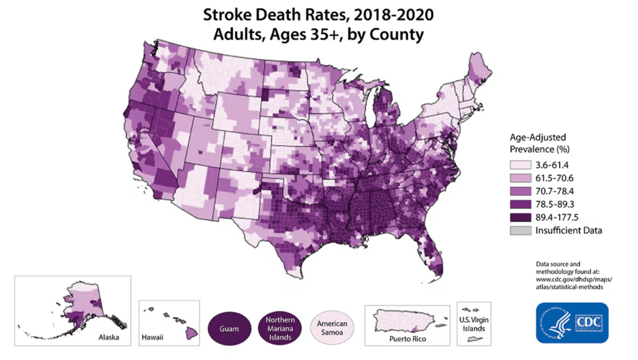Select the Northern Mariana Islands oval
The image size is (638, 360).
pyautogui.click(x=279, y=328)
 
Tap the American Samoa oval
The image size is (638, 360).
pyautogui.click(x=331, y=328)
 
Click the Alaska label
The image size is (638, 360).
pyautogui.click(x=109, y=338)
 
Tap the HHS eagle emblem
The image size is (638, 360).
pyautogui.click(x=556, y=322)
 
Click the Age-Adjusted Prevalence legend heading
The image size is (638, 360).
pyautogui.click(x=538, y=143)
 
